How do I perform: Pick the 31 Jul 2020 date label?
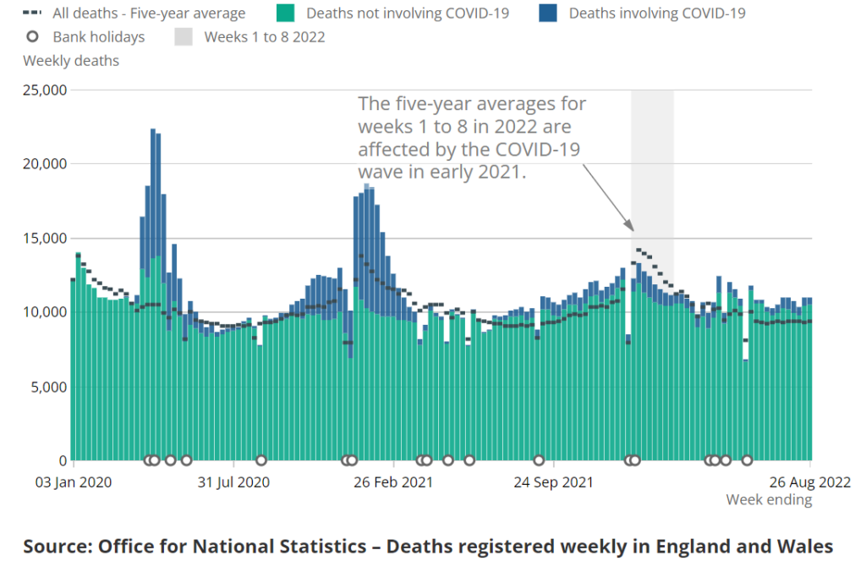tap(233, 482)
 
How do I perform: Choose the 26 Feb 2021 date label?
tap(393, 482)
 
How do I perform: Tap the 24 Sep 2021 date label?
tap(553, 482)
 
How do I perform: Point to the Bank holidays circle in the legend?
tap(32, 37)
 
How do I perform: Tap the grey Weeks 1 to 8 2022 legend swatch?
tap(184, 37)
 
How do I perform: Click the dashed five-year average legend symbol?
tap(32, 14)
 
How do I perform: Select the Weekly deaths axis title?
tap(71, 61)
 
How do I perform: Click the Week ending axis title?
tap(769, 500)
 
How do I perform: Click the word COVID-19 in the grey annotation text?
tap(540, 149)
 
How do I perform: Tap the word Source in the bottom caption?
tap(55, 546)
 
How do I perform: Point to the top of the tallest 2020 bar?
tap(153, 129)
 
